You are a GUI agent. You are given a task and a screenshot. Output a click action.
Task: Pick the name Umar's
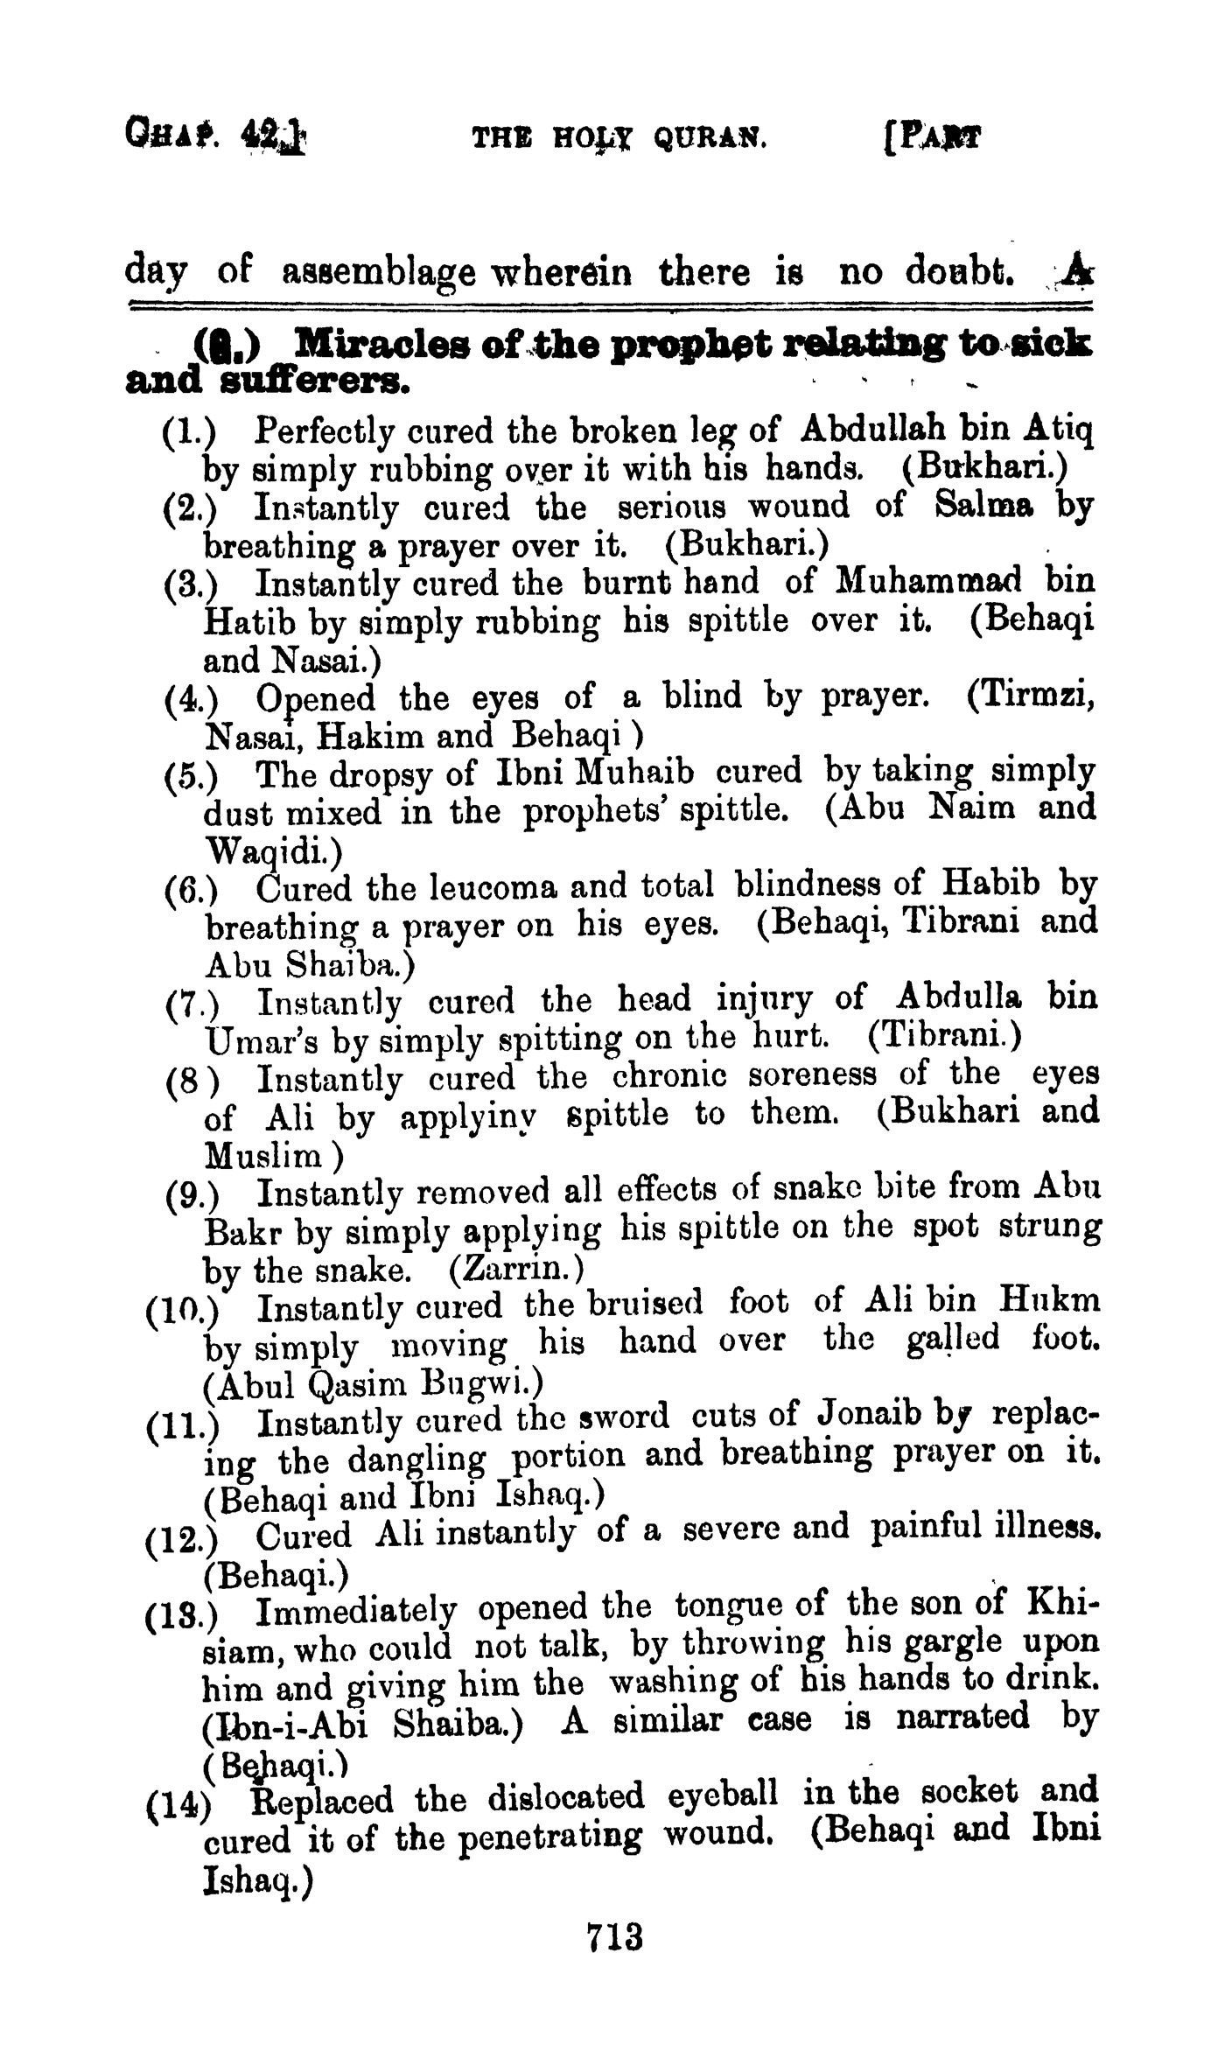pos(253,1039)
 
